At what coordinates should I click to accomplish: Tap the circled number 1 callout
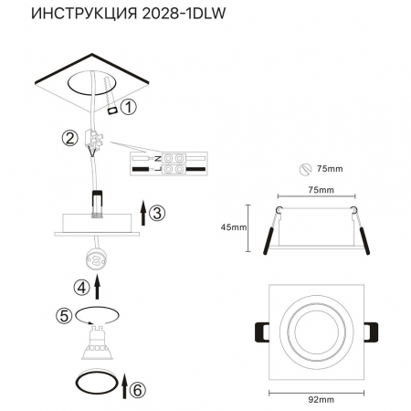[128, 107]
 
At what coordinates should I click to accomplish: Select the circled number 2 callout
[68, 139]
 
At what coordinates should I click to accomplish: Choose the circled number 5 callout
[63, 316]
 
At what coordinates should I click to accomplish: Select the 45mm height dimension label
[234, 227]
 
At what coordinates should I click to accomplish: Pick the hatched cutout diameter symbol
[307, 169]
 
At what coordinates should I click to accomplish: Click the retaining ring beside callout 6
[94, 384]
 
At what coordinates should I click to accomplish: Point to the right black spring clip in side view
[363, 237]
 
